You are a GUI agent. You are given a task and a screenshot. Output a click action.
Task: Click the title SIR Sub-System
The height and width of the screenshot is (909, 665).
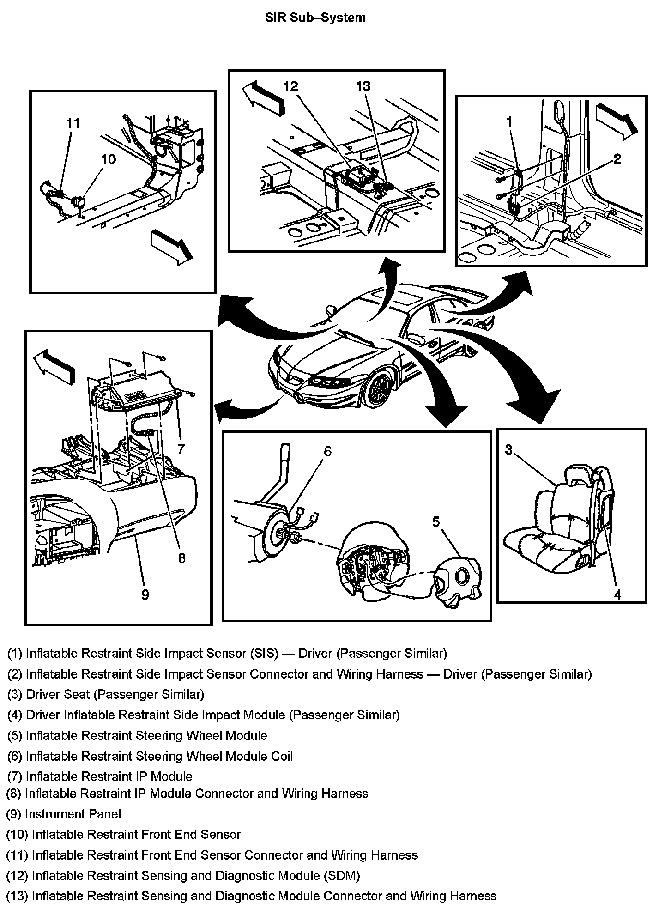(315, 18)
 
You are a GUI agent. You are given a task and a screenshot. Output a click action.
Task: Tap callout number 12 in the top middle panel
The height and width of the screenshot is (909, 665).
(290, 86)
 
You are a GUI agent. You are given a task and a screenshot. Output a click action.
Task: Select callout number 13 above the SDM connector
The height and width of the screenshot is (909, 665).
(363, 86)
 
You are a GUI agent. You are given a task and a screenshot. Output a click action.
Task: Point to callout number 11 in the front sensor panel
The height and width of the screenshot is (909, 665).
(73, 123)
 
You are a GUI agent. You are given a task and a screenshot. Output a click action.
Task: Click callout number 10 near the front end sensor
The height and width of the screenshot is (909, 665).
(108, 159)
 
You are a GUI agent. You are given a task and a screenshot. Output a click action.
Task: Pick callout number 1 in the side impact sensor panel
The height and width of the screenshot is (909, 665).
(509, 122)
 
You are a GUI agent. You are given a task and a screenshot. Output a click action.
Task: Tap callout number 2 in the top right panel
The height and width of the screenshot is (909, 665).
(617, 159)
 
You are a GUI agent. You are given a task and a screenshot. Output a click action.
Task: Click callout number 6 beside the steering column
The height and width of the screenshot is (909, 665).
(327, 451)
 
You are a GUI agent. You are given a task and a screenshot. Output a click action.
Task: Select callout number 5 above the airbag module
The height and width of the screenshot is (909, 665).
(436, 521)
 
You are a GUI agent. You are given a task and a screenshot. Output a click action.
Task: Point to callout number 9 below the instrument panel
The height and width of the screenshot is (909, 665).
(145, 594)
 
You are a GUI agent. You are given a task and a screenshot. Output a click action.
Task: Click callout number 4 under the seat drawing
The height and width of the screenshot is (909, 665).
(617, 595)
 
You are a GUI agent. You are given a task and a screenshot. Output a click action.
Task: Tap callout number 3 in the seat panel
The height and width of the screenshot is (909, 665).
(508, 449)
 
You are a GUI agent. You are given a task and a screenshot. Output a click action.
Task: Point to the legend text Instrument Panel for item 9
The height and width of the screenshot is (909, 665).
(73, 814)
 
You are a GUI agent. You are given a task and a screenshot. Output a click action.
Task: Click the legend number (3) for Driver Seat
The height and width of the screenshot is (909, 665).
(15, 694)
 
